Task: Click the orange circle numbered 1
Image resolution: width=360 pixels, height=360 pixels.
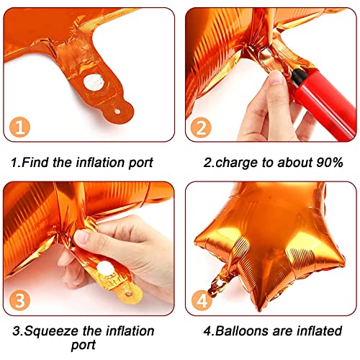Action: point(19,127)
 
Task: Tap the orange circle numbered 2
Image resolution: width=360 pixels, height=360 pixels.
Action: point(201,127)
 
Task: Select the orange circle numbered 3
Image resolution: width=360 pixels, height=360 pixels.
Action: point(19,300)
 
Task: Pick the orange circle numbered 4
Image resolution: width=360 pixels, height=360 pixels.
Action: point(202,300)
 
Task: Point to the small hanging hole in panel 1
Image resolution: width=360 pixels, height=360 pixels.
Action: point(117,112)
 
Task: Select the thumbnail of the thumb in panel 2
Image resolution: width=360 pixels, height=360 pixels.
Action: point(276,78)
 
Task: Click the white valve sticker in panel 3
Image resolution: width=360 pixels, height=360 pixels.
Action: point(105,269)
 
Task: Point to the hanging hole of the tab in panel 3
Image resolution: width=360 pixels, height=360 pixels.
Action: point(129,294)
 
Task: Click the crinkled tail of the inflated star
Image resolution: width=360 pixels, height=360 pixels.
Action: point(219,281)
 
